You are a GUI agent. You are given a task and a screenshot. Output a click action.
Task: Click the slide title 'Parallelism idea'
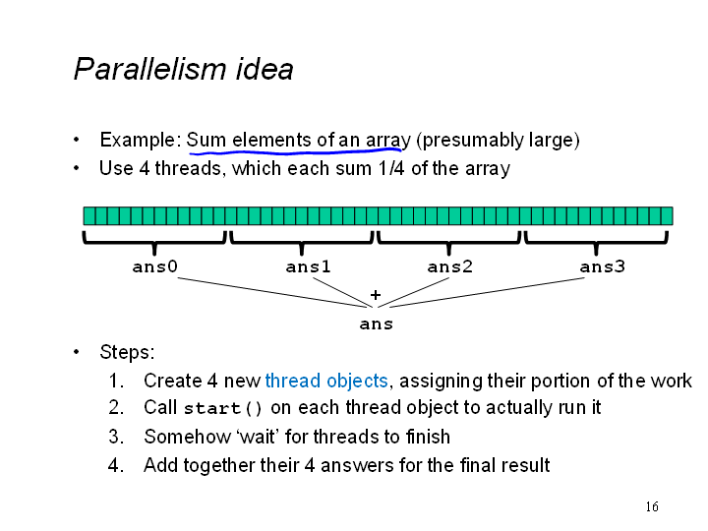(x=183, y=69)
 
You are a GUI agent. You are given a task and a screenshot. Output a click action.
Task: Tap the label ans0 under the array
(x=155, y=266)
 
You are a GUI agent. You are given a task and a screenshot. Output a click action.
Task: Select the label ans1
(x=308, y=266)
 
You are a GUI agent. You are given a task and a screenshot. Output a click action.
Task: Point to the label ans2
(x=449, y=266)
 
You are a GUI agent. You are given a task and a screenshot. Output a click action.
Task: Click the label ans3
(x=603, y=266)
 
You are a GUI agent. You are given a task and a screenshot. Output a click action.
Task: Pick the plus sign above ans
(x=376, y=295)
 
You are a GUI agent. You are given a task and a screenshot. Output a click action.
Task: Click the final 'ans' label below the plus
(x=376, y=324)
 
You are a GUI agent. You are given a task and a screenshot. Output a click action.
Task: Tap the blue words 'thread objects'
(x=326, y=381)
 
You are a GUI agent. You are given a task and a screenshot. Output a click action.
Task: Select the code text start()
(x=223, y=408)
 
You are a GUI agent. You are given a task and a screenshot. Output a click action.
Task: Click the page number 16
(x=652, y=506)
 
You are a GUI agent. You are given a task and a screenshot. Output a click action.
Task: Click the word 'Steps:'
(x=127, y=352)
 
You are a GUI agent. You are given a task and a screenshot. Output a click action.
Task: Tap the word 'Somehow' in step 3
(x=188, y=437)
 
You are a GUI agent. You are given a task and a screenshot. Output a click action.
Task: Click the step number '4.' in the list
(x=116, y=465)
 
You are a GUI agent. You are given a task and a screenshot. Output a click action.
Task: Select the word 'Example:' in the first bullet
(x=141, y=140)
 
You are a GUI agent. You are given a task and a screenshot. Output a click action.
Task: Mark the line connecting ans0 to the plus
(x=271, y=293)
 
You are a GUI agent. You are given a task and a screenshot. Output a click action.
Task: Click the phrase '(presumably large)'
(x=498, y=140)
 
